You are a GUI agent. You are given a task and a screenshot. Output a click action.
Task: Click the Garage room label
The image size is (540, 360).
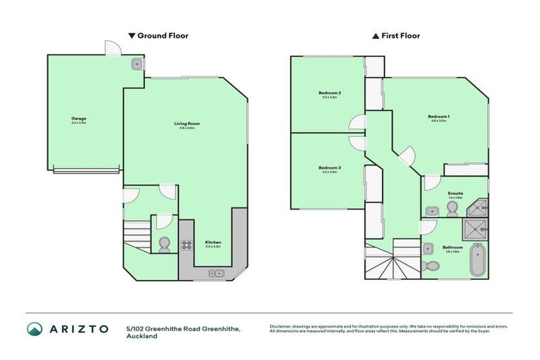point(78,119)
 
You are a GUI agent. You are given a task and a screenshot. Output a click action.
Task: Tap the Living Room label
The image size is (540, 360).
point(187,124)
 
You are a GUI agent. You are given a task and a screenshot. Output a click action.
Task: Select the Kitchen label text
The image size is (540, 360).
point(212,243)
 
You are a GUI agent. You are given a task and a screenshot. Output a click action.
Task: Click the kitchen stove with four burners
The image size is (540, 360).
point(187,245)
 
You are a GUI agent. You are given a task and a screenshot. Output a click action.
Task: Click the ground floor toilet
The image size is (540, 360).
point(165,244)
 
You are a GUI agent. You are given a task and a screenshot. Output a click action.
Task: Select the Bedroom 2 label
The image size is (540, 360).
point(330,94)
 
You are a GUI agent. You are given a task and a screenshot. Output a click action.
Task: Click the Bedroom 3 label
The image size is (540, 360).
point(330,169)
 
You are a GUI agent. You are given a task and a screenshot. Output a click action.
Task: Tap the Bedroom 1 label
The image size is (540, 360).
point(439,117)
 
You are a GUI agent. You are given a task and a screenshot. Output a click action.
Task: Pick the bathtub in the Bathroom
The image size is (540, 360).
point(478,260)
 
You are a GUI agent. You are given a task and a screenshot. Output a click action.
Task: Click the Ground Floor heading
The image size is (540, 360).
point(158,35)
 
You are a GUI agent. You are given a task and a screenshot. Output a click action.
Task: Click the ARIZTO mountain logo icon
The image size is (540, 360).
point(35,329)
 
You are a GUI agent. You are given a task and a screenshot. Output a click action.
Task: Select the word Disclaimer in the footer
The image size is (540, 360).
point(282,326)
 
